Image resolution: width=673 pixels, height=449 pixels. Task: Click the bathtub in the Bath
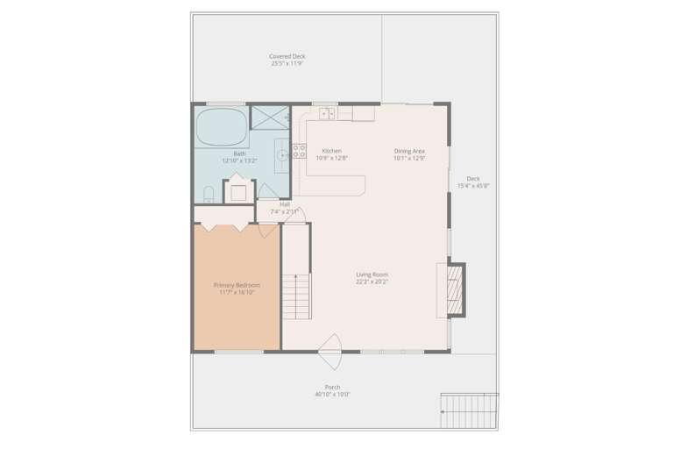[x=221, y=127]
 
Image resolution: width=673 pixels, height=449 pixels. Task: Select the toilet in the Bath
[x=209, y=193]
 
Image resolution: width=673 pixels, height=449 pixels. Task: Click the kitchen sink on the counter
[x=326, y=113]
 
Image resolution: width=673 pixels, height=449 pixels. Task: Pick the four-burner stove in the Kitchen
[x=299, y=153]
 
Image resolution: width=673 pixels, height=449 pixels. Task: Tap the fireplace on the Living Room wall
[x=454, y=289]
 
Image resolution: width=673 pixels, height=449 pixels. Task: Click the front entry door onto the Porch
[x=330, y=351]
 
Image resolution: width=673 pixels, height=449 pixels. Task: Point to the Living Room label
[x=372, y=274]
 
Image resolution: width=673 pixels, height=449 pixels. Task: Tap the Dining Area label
[x=409, y=151]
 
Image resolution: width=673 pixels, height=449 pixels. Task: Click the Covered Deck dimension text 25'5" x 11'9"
[x=287, y=63]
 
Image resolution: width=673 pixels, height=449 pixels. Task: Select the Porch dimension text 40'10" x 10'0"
[x=333, y=395]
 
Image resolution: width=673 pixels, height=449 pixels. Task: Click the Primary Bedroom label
[x=237, y=285]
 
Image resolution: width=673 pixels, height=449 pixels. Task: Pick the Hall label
[x=285, y=204]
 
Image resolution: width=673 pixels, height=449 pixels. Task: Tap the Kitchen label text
[x=331, y=151]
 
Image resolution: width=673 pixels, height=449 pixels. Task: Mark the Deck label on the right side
[x=473, y=178]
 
